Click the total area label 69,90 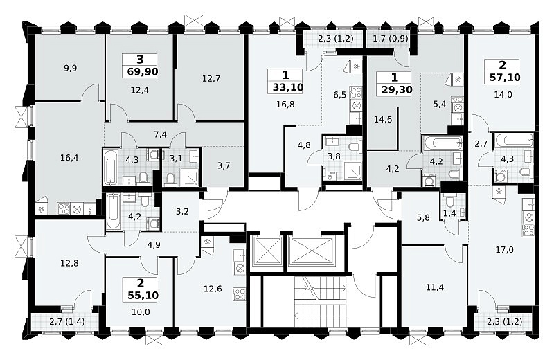coord(143,72)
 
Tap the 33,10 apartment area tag coord(288,87)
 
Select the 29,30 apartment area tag coord(397,90)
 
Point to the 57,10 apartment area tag coord(505,77)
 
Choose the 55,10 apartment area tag coord(143,296)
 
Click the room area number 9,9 coord(71,68)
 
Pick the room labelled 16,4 coord(69,158)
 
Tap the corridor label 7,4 coord(161,134)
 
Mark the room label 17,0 coord(505,250)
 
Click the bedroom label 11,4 coord(435,287)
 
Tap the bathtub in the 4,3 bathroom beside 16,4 coord(110,167)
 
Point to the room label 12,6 coord(213,289)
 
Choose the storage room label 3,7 coord(224,165)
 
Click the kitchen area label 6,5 coord(339,95)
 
